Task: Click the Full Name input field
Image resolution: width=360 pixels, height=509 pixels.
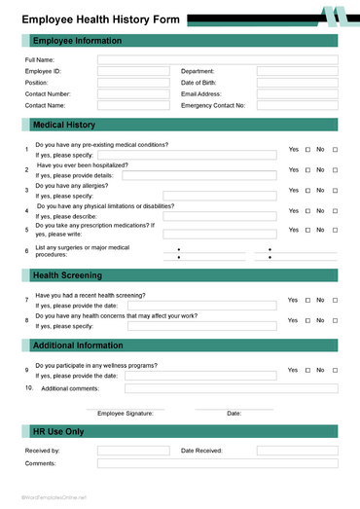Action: (x=217, y=60)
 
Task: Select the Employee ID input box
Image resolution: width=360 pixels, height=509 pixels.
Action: (x=136, y=71)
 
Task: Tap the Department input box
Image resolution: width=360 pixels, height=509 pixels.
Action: (x=297, y=71)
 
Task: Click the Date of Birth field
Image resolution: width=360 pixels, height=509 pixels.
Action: (x=297, y=82)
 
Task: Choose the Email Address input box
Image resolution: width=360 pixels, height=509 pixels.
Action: (x=297, y=93)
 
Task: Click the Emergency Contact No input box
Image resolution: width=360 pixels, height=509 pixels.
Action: (x=297, y=104)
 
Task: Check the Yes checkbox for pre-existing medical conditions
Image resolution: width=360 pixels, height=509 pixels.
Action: (x=307, y=150)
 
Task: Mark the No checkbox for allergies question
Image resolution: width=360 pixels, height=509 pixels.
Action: (x=335, y=191)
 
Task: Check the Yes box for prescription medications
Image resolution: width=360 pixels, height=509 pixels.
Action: (x=307, y=231)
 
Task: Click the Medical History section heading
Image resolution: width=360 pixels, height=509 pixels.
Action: (x=64, y=126)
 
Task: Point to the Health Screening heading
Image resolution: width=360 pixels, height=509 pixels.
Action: (x=67, y=275)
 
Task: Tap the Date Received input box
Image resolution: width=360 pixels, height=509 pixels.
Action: (x=297, y=451)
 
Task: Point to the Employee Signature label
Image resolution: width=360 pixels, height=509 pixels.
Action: (x=126, y=414)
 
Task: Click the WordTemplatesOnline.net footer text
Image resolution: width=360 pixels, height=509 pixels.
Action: (x=54, y=498)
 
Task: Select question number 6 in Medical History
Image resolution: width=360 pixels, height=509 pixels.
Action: (x=26, y=251)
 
